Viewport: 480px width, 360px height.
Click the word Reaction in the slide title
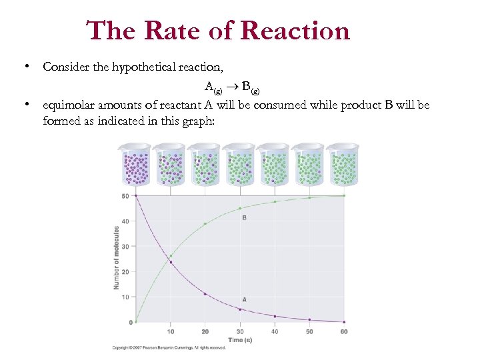pos(295,31)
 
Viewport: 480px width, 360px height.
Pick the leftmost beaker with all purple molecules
pos(137,164)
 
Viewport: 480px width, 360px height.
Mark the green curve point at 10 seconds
pos(171,256)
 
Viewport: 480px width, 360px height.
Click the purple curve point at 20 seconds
pos(205,294)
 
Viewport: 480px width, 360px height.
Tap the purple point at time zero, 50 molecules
pos(136,195)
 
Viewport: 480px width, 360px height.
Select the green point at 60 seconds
pos(344,195)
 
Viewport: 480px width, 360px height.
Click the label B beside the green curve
pos(244,218)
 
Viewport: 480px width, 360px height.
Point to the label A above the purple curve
pos(244,300)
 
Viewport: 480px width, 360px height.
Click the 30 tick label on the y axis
pos(125,247)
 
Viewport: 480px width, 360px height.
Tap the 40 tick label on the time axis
pos(275,331)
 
